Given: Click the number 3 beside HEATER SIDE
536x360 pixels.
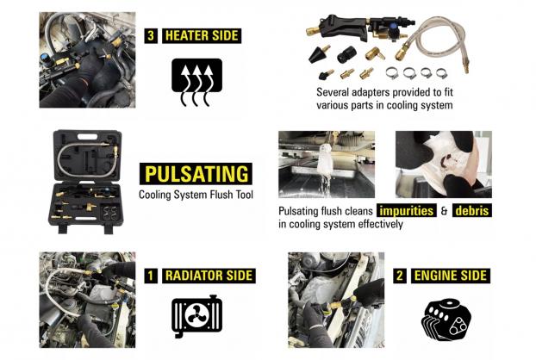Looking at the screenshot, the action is pos(151,36).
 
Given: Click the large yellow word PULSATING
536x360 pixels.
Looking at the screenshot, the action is pos(196,174).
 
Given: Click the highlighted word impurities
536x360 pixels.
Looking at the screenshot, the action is pos(407,210).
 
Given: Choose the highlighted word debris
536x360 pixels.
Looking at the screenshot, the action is pos(472,210).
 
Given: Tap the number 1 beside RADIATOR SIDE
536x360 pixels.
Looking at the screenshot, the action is pos(151,276).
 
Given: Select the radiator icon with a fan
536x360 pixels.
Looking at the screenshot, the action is pos(196,317).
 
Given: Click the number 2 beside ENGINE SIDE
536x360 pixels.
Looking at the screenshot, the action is pos(400,276).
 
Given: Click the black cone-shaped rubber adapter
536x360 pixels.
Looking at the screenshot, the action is pos(319,53).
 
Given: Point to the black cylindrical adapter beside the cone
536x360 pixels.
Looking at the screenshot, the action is pos(346,54).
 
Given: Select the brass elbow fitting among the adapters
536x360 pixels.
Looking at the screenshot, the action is pos(375,53).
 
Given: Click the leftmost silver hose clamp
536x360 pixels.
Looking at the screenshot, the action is pos(392,73).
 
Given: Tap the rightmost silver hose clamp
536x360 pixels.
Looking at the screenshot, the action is pos(442,72).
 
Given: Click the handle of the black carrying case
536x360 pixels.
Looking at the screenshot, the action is pos(88,137).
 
